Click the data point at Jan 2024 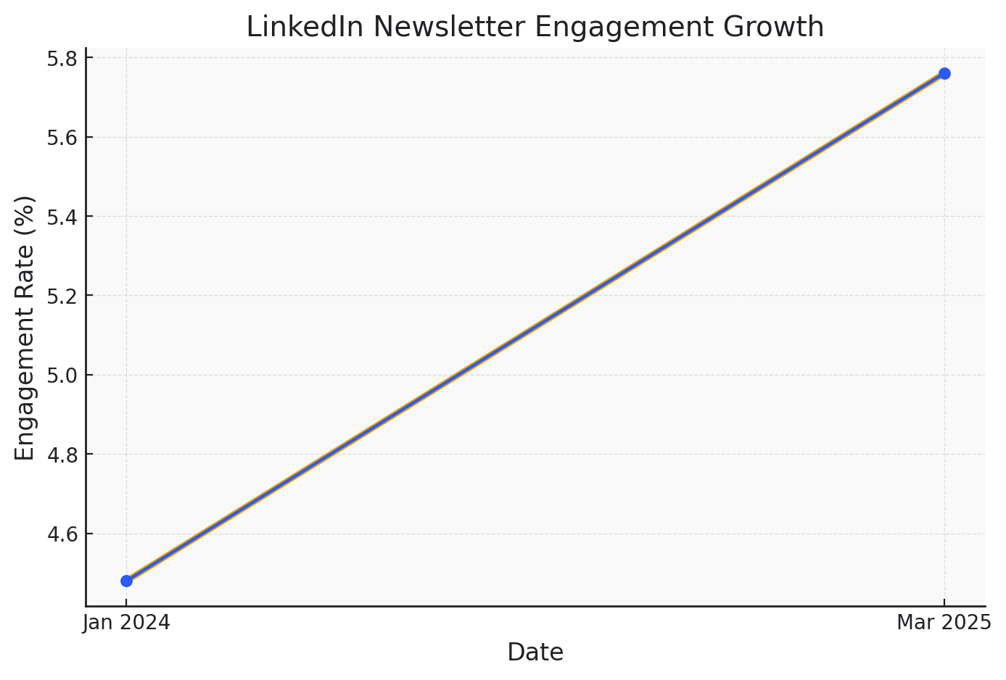(127, 581)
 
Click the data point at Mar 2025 (944, 73)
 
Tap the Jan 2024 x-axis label (127, 623)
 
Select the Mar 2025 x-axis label (944, 623)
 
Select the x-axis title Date (535, 652)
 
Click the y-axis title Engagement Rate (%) (25, 328)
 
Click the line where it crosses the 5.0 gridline (458, 376)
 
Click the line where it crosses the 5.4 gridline (713, 217)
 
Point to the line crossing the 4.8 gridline (330, 455)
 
